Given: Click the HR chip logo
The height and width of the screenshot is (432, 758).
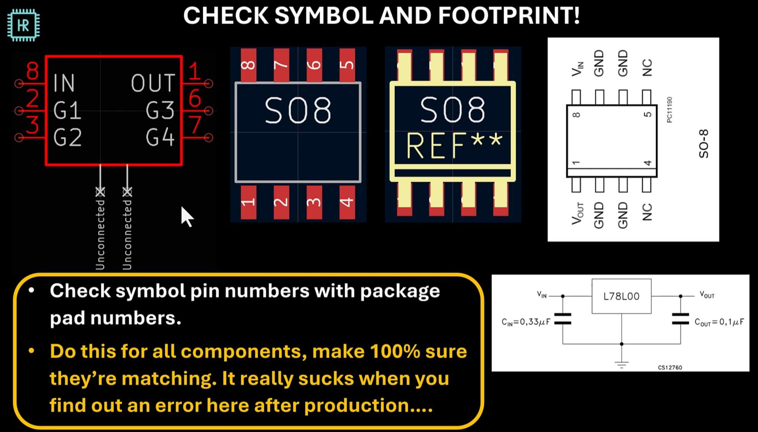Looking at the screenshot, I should [23, 25].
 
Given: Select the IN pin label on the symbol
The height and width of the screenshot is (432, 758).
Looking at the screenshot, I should [64, 83].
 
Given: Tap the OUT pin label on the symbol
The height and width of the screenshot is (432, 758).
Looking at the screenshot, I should [153, 83].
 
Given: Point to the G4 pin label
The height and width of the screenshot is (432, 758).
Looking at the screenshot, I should [160, 138].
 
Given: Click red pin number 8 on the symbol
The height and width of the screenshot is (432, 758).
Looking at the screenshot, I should [33, 71].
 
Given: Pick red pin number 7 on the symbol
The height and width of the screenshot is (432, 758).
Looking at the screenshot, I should [195, 125].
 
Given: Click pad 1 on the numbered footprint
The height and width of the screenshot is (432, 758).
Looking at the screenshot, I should [248, 202].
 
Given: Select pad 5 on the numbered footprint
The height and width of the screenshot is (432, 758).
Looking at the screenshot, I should [347, 64].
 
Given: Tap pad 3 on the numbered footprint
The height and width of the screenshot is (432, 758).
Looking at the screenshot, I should [314, 202].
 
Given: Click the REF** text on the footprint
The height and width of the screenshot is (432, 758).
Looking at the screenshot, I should [454, 145].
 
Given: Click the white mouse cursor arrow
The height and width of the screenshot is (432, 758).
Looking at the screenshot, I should [186, 216].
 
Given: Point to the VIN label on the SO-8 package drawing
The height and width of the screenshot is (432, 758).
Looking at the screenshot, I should [577, 69].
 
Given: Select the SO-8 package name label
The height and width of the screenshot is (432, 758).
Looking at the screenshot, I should [704, 143].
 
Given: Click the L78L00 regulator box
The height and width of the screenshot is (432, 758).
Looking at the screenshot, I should [621, 296].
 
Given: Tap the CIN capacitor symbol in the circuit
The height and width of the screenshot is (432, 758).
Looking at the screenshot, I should [563, 319].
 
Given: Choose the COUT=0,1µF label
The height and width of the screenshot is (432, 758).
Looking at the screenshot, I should [719, 322].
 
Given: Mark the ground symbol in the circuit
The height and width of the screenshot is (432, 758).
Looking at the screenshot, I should [621, 364].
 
